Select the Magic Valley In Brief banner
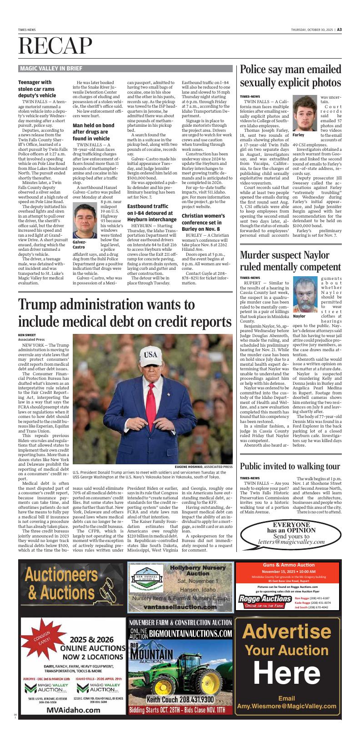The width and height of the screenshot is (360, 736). pos(51,69)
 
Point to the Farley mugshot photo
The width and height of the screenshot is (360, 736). pos(304,114)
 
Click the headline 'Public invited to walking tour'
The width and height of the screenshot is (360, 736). pos(290,466)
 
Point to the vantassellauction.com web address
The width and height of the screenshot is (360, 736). pos(180,607)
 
